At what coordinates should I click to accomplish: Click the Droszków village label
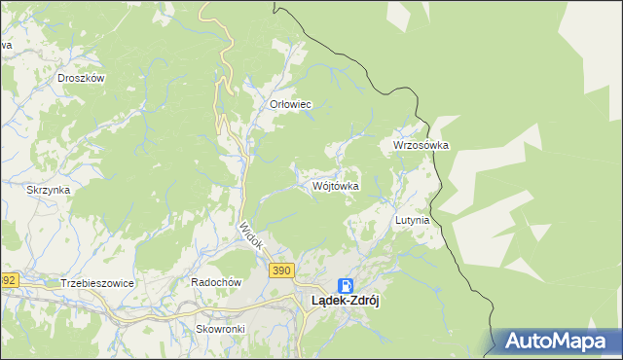(81, 78)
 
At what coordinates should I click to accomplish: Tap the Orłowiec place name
(290, 104)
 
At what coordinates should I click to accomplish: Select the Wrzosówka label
(421, 145)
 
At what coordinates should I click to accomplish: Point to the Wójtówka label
(336, 185)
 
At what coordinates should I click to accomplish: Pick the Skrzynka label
(48, 190)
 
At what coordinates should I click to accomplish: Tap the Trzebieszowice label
(96, 282)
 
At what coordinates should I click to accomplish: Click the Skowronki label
(220, 329)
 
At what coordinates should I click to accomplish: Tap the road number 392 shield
(8, 280)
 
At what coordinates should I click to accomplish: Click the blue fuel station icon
(345, 285)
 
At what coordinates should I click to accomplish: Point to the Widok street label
(251, 238)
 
